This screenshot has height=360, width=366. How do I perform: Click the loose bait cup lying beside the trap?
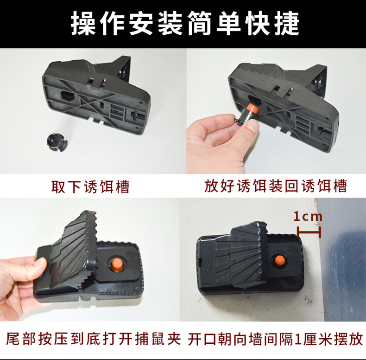pyautogui.click(x=57, y=142)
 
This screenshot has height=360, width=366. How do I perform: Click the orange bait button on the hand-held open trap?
pyautogui.click(x=116, y=264)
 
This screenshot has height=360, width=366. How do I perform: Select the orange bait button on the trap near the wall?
pyautogui.click(x=280, y=262)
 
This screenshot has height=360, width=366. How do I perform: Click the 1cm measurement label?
pyautogui.click(x=308, y=217)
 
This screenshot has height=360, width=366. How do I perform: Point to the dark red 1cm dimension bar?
pyautogui.click(x=309, y=232)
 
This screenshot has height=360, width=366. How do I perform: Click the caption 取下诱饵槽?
pyautogui.click(x=90, y=186)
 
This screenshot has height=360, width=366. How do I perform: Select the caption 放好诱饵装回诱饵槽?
pyautogui.click(x=276, y=186)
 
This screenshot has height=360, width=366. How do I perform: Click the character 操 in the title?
pyautogui.click(x=83, y=24)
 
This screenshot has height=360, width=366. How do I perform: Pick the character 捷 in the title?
pyautogui.click(x=287, y=24)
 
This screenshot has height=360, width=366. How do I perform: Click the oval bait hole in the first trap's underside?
pyautogui.click(x=68, y=96)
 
